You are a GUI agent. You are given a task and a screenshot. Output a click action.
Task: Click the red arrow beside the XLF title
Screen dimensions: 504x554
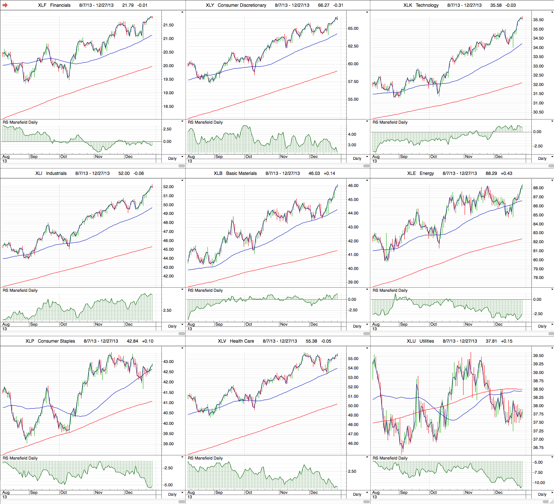[x=5, y=5]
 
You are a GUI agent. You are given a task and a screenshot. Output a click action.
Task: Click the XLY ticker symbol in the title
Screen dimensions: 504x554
[x=210, y=5]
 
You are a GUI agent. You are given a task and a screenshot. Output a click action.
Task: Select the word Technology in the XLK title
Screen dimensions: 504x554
[x=427, y=5]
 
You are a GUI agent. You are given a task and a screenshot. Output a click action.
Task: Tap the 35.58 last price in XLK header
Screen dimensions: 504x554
[x=496, y=5]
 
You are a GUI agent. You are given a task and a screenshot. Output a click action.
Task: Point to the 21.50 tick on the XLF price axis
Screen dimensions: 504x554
[x=168, y=25]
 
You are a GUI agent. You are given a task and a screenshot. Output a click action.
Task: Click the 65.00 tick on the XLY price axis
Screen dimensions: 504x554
[x=353, y=29]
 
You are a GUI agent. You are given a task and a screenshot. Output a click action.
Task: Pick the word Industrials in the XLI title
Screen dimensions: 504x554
[x=56, y=173]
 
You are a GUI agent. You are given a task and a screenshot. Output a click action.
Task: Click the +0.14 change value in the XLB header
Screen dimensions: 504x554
[x=329, y=173]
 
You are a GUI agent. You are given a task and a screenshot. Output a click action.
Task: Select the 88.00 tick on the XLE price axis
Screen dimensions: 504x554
[x=538, y=188]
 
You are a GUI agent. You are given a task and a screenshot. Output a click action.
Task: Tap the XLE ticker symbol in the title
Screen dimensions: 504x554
[x=411, y=173]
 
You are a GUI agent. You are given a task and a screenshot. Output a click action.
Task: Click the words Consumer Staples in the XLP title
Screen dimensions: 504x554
[x=56, y=341]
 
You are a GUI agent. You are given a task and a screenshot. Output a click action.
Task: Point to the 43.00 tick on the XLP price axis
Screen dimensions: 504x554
[x=168, y=362]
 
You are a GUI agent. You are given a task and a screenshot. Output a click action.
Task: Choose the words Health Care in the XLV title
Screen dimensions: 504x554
[x=242, y=341]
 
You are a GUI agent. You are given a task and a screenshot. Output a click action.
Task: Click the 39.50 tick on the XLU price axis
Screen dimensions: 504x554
[x=538, y=356]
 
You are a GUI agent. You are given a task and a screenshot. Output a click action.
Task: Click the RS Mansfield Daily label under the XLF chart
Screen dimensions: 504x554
[x=20, y=123]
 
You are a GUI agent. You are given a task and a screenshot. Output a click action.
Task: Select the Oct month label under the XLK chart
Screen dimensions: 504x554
[x=434, y=157]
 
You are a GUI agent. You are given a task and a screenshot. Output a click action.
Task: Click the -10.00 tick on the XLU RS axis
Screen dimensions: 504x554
[x=538, y=483]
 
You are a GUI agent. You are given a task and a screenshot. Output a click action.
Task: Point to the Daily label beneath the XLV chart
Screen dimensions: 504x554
[x=357, y=494]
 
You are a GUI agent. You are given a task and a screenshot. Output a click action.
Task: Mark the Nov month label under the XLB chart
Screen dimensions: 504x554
[x=284, y=325]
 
